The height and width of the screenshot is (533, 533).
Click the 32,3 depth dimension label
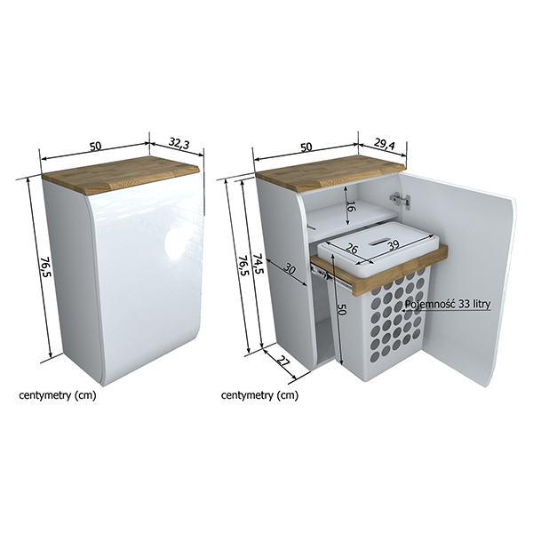pos(179,143)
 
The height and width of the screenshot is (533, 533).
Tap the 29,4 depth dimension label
pos(385,144)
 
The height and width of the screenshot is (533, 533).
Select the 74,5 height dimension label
pos(259,263)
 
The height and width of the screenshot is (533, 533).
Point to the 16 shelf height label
pos(352,206)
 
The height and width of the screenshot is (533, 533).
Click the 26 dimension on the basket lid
pos(352,249)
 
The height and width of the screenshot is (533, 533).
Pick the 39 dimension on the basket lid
pos(394,245)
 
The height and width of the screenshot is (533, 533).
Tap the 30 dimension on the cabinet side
pos(290,269)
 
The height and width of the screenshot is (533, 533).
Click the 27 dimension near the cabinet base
pos(282,361)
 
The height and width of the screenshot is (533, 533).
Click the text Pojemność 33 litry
pos(448,304)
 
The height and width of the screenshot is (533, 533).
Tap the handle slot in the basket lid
pos(378,242)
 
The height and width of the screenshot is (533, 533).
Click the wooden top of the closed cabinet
pos(120,175)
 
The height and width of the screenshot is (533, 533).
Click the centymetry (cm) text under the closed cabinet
pos(58,395)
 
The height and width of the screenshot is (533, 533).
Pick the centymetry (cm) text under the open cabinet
pos(259,395)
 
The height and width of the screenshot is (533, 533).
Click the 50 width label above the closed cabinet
pos(96,147)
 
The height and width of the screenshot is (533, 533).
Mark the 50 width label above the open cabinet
pos(306,147)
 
